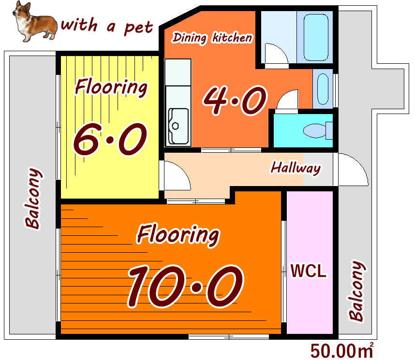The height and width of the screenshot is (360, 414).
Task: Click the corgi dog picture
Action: [x=35, y=22]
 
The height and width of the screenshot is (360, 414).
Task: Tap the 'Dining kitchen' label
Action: [x=212, y=38]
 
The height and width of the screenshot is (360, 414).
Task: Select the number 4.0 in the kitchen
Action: [x=235, y=101]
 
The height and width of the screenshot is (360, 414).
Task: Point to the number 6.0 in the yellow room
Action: [x=110, y=139]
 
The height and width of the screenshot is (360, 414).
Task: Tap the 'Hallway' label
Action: [x=296, y=168]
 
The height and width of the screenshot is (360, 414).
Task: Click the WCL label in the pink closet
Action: [x=309, y=271]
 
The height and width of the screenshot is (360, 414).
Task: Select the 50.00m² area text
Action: [x=342, y=350]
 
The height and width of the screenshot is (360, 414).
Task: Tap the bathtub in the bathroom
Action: [x=316, y=38]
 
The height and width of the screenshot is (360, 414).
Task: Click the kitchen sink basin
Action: [x=178, y=126]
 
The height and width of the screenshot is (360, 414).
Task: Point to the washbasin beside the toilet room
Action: [x=323, y=89]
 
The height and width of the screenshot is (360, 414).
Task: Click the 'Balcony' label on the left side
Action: [x=33, y=198]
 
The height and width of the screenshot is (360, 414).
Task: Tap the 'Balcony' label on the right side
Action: [x=357, y=291]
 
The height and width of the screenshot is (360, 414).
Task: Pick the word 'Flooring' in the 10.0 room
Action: [x=178, y=235]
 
